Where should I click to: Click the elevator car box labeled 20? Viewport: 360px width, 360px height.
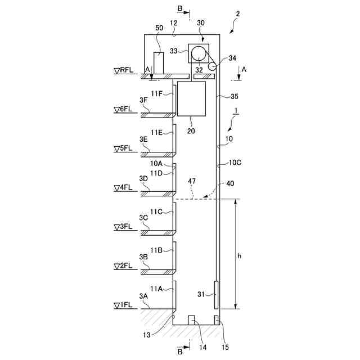pos(191,98)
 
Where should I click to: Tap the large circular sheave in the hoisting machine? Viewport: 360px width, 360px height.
pos(199,53)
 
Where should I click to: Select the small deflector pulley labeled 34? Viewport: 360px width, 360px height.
pos(212,66)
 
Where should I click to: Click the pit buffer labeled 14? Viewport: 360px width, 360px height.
pos(191,319)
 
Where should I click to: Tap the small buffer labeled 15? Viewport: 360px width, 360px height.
pos(216,319)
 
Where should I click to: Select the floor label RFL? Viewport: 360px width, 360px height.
pos(124,71)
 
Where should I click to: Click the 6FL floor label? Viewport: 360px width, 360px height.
pos(124,110)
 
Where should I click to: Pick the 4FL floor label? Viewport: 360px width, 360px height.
pos(124,188)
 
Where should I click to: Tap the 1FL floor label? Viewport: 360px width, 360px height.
pos(124,305)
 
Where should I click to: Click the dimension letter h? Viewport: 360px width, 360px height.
pos(239,255)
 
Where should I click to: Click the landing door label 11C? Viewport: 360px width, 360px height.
pos(156,211)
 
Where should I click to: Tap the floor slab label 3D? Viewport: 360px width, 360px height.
pos(143,179)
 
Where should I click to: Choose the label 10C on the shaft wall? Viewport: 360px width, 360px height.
pos(235,163)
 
